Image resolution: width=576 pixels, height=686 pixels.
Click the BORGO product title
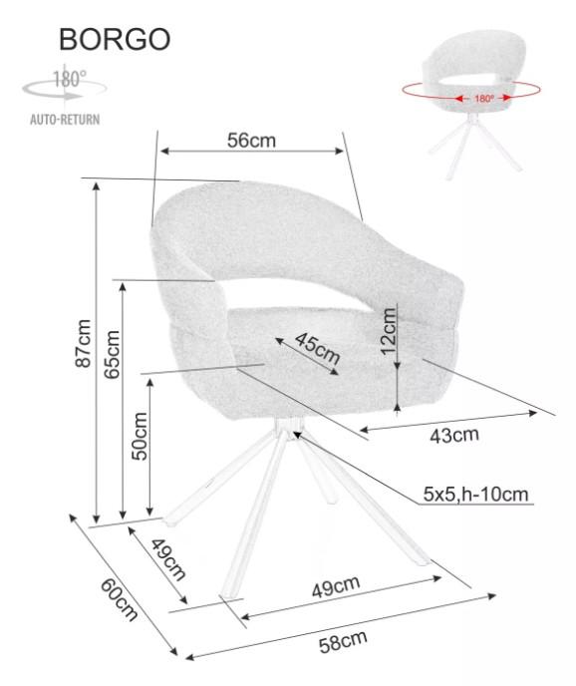tap(115, 39)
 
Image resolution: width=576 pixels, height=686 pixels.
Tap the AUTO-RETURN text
tap(65, 120)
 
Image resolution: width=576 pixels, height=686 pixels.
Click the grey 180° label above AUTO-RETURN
tap(70, 79)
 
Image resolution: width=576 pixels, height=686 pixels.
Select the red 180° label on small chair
tap(483, 99)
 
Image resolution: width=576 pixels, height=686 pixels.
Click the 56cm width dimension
tap(251, 141)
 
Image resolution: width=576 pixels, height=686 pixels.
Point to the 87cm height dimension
tap(84, 343)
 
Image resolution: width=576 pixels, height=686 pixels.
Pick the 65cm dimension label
tap(112, 354)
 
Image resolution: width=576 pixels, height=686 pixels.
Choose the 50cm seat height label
tap(140, 436)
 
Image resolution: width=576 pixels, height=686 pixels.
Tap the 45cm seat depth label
tap(317, 348)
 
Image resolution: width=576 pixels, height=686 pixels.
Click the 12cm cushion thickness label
tap(388, 331)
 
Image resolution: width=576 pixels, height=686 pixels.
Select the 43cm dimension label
tap(454, 436)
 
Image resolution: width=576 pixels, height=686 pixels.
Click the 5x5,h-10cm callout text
tap(475, 494)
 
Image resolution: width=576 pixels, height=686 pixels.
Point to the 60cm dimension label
tap(119, 599)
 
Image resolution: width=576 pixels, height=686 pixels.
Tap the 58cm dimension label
tap(343, 642)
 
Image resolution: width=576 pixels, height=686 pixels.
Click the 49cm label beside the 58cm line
tap(336, 586)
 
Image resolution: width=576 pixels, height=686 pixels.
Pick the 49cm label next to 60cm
tap(168, 559)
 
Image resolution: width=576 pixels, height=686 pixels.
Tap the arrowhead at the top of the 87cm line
tap(97, 185)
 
